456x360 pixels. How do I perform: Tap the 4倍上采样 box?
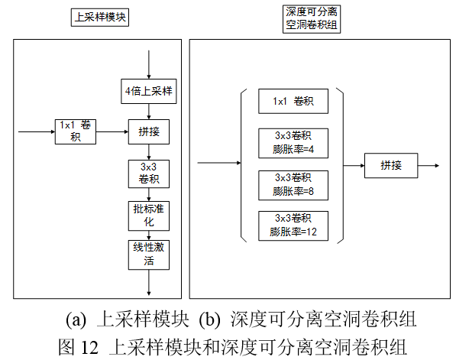point(150,92)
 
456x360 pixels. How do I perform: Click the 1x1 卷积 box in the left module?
point(75,131)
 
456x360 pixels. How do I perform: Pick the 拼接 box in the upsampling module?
point(148,131)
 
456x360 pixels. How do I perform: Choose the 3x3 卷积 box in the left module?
point(148,174)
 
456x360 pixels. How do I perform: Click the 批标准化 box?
point(148,216)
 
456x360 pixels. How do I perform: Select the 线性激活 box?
point(148,254)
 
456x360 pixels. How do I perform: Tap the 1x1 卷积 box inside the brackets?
point(293,101)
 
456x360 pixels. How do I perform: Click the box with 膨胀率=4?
point(293,142)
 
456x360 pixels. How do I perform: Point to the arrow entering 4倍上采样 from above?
point(149,65)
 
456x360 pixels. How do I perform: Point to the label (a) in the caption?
point(76,318)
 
